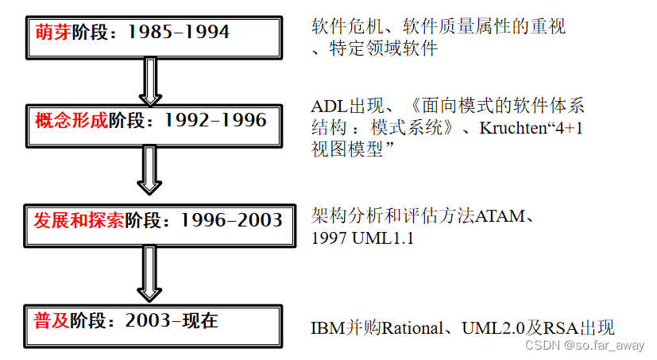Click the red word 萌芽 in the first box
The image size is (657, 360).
(x=52, y=33)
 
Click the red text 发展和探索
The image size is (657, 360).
(x=79, y=220)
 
